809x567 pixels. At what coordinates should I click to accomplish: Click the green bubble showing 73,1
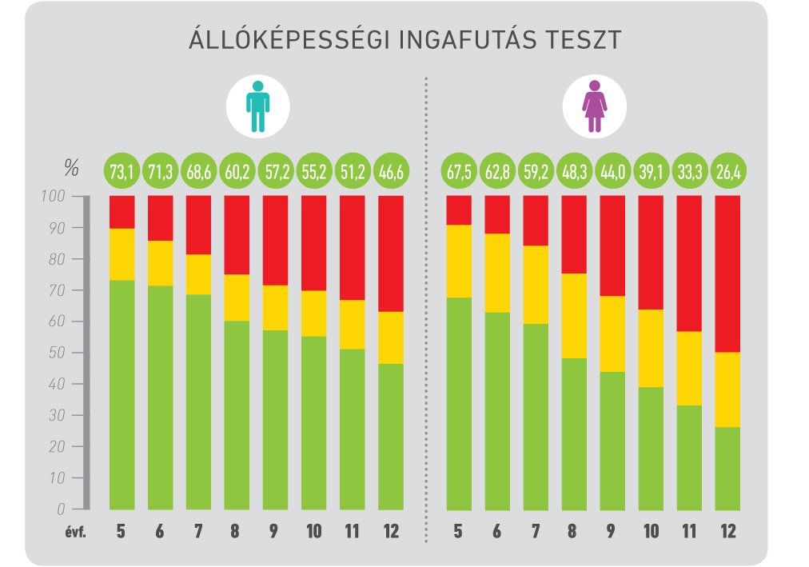122,170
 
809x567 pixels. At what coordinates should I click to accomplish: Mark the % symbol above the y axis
72,170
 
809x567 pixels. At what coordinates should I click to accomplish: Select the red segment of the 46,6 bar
391,254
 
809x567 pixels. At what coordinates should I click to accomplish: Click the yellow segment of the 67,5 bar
459,262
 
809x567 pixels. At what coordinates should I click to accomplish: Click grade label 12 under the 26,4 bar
728,532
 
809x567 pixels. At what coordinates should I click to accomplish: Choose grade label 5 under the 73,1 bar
122,532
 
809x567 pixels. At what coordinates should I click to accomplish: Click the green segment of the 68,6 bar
198,401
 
